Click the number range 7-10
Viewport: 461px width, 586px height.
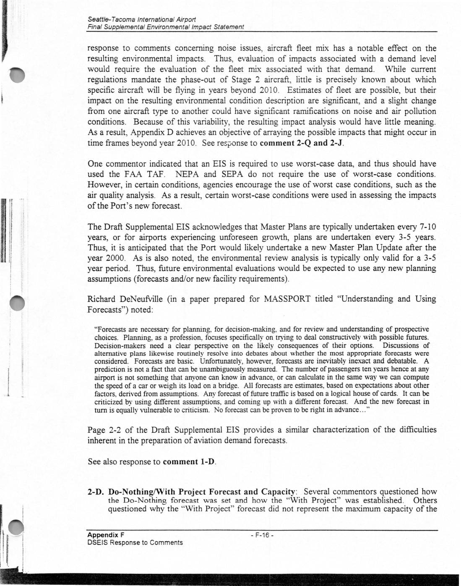click(x=428, y=227)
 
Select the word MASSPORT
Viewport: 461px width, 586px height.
click(x=287, y=299)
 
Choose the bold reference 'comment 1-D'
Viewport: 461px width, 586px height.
click(x=189, y=462)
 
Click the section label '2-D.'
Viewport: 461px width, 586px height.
click(x=96, y=492)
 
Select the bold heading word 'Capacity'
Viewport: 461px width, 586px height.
click(x=278, y=492)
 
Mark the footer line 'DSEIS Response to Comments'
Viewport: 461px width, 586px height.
click(x=135, y=543)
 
